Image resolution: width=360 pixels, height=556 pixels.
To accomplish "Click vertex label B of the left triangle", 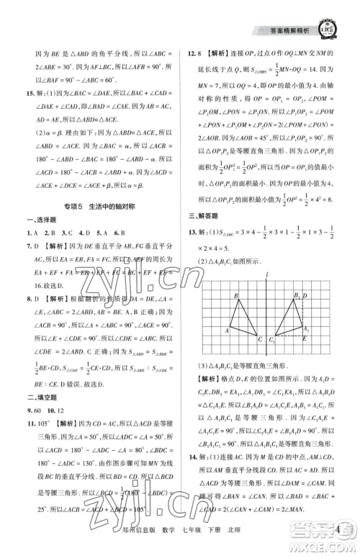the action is click(x=235, y=295).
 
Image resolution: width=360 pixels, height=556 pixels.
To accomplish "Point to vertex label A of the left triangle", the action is click(x=227, y=330).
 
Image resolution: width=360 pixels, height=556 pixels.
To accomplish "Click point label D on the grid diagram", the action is click(x=306, y=295).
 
